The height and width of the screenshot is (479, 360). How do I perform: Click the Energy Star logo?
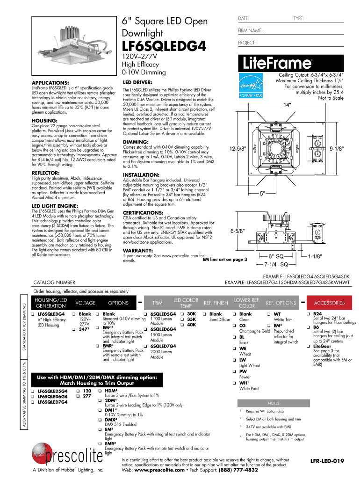tap(250, 86)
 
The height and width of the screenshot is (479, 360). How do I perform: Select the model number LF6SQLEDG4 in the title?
tap(164, 47)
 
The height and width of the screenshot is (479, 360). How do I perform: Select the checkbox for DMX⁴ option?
tap(101, 420)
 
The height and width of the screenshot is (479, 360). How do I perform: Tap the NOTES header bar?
tap(274, 403)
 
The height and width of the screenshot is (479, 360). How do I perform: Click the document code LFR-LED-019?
tap(327, 461)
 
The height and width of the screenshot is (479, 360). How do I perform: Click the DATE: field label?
tap(243, 18)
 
